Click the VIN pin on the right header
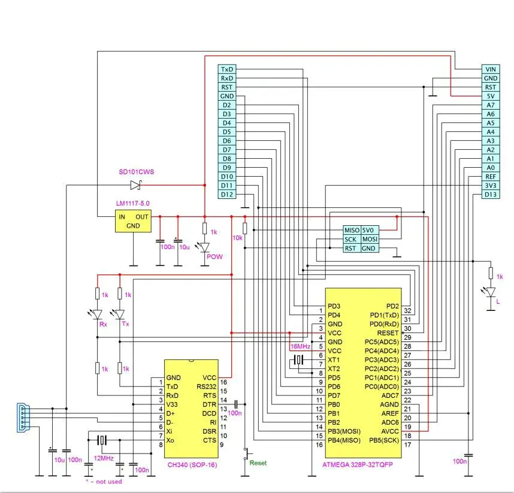[x=491, y=69]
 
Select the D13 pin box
[x=491, y=194]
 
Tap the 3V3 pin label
[x=491, y=186]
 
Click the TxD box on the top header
[x=227, y=69]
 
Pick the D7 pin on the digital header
[x=227, y=150]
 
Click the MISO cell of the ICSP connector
[x=352, y=230]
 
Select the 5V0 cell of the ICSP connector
[x=370, y=230]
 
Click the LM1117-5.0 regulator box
[x=133, y=221]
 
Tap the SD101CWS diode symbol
[x=136, y=185]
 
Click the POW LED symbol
[x=204, y=247]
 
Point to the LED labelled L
[x=490, y=292]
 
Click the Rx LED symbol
[x=96, y=314]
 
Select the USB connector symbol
[x=23, y=418]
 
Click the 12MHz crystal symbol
[x=102, y=440]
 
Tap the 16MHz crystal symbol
[x=298, y=360]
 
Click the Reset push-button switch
[x=247, y=453]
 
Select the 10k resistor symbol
[x=245, y=228]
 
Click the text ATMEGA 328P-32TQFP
[x=357, y=464]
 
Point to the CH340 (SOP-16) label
[x=192, y=465]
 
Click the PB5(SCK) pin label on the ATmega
[x=384, y=440]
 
